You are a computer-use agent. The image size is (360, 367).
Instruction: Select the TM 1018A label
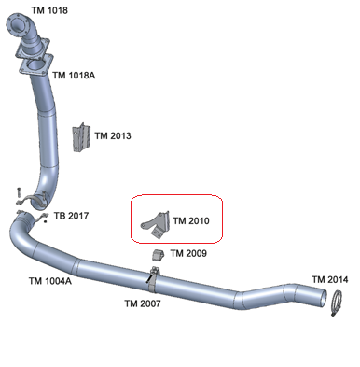pyautogui.click(x=74, y=76)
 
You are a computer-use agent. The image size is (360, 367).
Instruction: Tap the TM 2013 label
pyautogui.click(x=113, y=136)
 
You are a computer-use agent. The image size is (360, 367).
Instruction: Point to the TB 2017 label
pyautogui.click(x=71, y=217)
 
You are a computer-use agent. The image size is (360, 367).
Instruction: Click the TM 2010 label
pyautogui.click(x=191, y=221)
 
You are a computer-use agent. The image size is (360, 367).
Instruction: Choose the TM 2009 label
pyautogui.click(x=188, y=253)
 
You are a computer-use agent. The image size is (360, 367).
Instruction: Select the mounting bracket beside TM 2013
pyautogui.click(x=82, y=137)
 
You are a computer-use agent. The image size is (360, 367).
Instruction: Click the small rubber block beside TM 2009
pyautogui.click(x=158, y=254)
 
